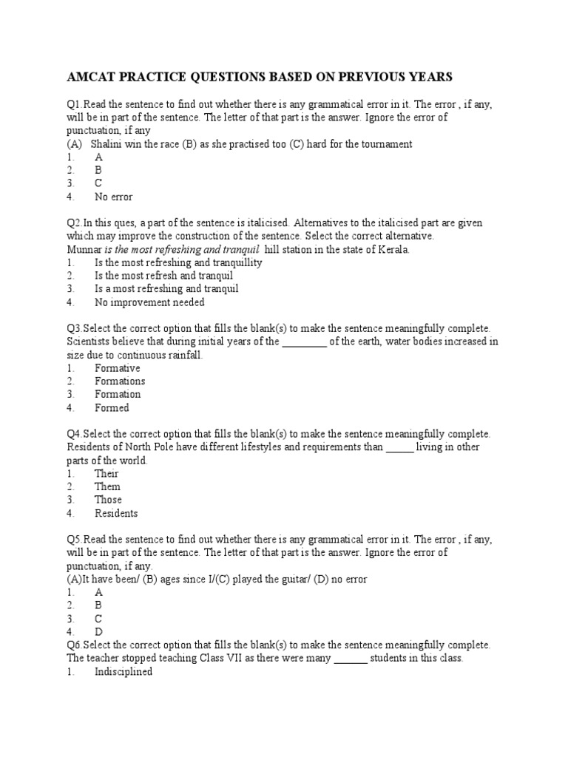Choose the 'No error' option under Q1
click(x=114, y=197)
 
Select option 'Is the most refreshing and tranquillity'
click(x=178, y=262)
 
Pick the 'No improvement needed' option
click(x=149, y=302)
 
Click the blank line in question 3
click(x=304, y=342)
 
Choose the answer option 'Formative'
click(x=117, y=368)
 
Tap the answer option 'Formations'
click(x=120, y=381)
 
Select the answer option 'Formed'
click(x=112, y=408)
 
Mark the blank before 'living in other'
click(x=399, y=447)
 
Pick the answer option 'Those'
click(x=108, y=500)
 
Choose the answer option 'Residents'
click(x=116, y=513)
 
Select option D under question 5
click(x=98, y=632)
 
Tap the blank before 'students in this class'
click(x=351, y=658)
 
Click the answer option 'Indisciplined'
click(x=124, y=672)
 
